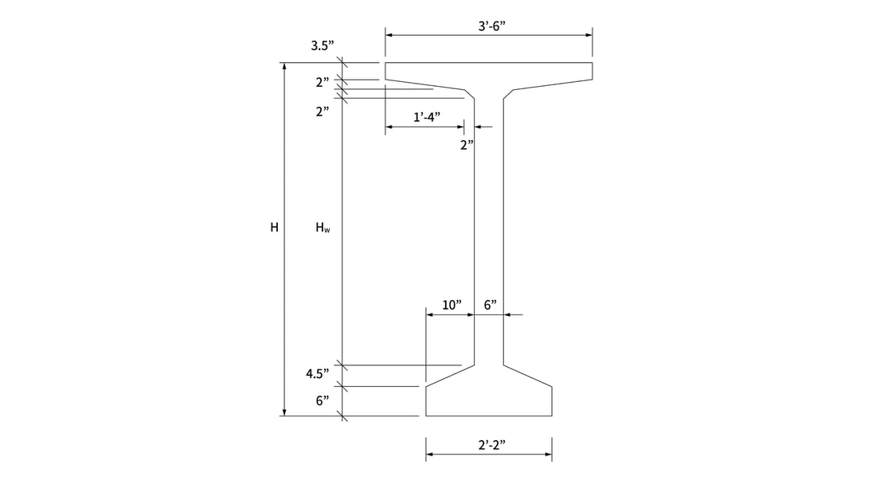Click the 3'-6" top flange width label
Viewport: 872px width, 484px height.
pos(491,25)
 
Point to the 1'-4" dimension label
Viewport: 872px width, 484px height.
pos(427,117)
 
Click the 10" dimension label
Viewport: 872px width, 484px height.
pos(452,305)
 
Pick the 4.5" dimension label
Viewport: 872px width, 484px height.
pos(318,373)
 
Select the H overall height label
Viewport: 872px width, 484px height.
pos(274,228)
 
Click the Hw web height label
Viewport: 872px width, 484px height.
pos(323,228)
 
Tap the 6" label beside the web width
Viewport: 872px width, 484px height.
pos(490,305)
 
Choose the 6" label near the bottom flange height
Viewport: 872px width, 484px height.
pos(322,400)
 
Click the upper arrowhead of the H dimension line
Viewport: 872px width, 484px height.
pos(283,66)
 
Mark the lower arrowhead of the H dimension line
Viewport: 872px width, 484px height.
pos(283,412)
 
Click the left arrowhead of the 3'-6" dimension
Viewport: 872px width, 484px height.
pos(389,34)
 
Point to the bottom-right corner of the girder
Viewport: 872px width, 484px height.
pos(552,416)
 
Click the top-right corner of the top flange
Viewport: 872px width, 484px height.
pos(592,63)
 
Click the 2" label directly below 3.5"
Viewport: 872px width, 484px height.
pos(322,82)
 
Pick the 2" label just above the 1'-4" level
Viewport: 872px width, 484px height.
pos(322,111)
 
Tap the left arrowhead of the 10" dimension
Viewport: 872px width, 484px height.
pos(430,314)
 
